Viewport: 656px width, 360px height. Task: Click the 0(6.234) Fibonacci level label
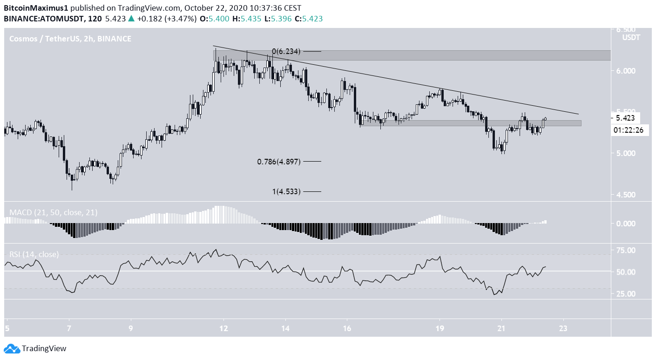(x=285, y=51)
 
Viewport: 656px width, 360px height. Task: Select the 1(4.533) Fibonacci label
(x=285, y=191)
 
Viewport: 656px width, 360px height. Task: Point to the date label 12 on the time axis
(x=224, y=328)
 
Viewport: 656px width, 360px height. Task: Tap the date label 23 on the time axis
(x=564, y=328)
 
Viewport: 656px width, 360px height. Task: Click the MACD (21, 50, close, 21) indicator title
(x=54, y=213)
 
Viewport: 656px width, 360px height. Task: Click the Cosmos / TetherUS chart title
(x=70, y=39)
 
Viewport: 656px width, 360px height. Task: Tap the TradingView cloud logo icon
(x=12, y=348)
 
